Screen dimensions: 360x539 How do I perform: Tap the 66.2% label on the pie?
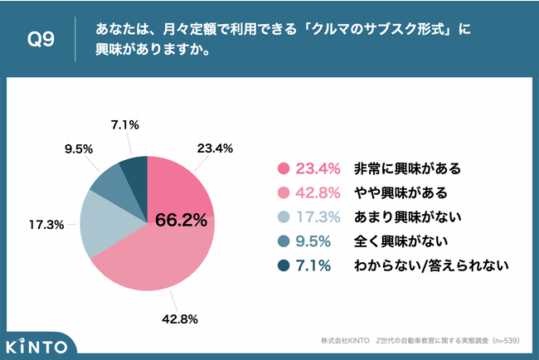(180, 221)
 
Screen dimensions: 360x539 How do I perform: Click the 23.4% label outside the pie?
(215, 149)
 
